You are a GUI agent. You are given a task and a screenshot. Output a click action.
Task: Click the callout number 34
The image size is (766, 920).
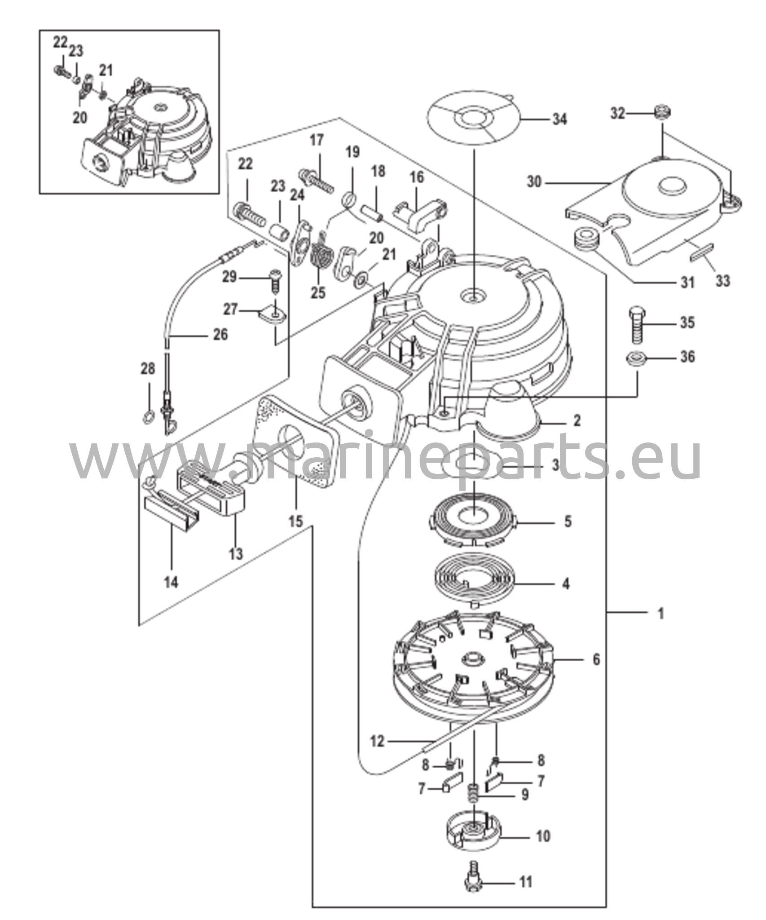coord(559,119)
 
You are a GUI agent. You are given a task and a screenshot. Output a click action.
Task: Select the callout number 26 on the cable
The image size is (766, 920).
coord(220,334)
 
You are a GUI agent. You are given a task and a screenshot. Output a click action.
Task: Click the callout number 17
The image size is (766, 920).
coord(317,140)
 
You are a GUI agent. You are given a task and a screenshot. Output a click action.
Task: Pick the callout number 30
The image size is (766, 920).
coord(534,183)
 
